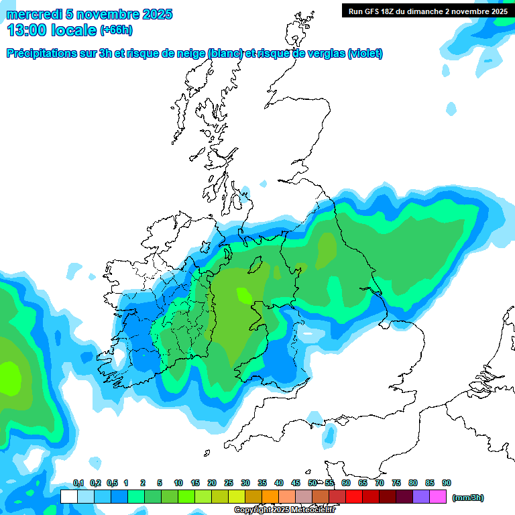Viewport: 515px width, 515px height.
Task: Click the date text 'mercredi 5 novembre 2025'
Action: pos(89,14)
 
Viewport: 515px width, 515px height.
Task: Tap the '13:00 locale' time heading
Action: pos(51,30)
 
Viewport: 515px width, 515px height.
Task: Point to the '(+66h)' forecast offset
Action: pos(116,30)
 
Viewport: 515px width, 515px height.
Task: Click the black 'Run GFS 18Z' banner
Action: pos(427,11)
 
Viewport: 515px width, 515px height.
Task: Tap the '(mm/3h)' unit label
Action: pos(468,498)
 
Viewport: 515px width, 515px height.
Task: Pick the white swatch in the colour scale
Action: pos(68,497)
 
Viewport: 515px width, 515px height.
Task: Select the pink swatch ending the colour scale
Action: pos(438,497)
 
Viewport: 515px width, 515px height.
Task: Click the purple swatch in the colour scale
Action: pos(421,497)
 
